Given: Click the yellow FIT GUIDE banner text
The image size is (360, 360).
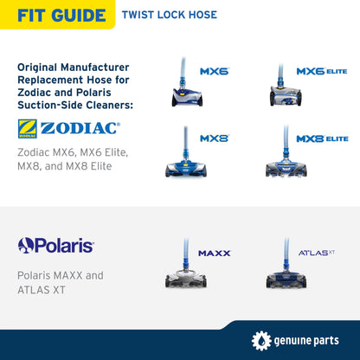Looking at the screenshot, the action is pos(61,16).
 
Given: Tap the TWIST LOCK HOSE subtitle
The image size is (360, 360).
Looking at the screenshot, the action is pos(170,15).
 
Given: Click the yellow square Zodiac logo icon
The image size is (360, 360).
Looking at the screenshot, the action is pos(28,129).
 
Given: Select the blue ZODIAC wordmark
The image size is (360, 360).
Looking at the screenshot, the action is pos(80,128).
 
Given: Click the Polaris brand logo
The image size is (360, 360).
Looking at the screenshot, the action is pos(55,246).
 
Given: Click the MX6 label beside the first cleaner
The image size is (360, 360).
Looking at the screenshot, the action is pos(215,71).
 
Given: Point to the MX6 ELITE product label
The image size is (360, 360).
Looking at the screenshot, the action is pos(322,71).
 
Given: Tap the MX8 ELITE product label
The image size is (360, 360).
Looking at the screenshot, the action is pos(322,138).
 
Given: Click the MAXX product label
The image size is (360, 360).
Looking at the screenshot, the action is pos(215,254).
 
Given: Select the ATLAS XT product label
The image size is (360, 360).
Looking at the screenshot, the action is pos(317,253).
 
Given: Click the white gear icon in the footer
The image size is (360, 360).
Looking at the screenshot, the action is pos(261,341).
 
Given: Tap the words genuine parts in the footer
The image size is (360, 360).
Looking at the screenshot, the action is pos(306,341).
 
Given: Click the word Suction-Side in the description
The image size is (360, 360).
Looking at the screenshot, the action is pos(50,105).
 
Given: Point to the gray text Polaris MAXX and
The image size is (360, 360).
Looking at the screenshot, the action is pos(61,275).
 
